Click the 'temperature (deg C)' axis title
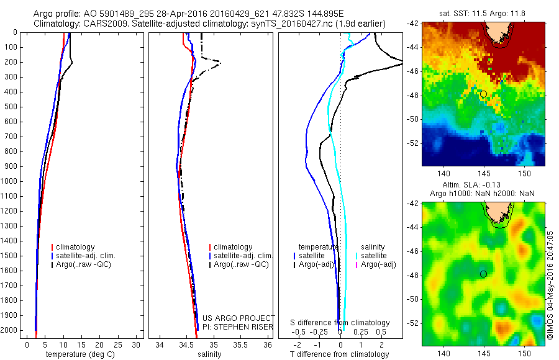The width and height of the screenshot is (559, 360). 79,354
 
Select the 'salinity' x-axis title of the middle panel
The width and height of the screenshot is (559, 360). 209,354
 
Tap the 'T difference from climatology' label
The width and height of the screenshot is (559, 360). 339,354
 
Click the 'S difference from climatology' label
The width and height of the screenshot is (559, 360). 340,323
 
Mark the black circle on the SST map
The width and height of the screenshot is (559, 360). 483,93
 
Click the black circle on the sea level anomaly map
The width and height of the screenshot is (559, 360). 483,274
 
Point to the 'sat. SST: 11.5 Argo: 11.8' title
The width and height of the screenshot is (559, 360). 483,14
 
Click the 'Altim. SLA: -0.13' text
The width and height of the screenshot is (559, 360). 483,186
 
